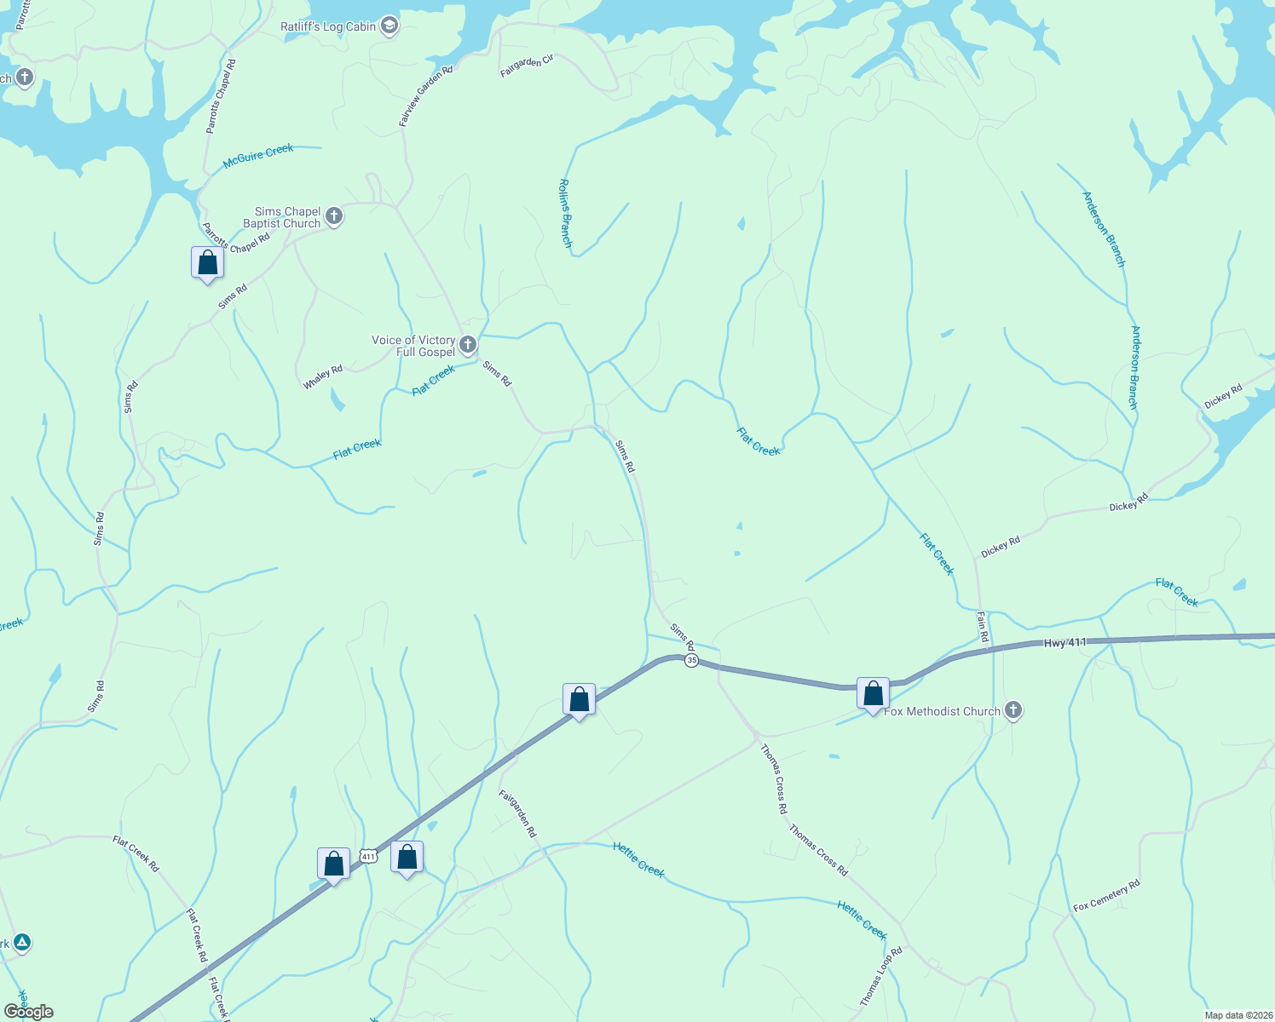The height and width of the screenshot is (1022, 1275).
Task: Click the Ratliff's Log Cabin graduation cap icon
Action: point(389,26)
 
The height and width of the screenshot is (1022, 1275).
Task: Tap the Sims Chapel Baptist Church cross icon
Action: point(334,216)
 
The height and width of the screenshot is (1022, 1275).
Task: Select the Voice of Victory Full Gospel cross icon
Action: point(467,345)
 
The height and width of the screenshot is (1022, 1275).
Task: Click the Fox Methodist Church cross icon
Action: point(1013,710)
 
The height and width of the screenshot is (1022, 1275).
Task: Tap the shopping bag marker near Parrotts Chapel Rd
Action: point(207,264)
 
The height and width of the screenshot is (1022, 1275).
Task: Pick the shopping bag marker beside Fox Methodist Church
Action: point(873,695)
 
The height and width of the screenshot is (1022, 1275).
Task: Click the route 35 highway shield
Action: point(691,660)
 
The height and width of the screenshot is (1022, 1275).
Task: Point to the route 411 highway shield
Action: point(367,856)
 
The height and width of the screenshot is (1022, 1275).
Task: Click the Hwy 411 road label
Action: point(1065,643)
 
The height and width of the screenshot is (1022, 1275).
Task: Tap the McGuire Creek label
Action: point(257,156)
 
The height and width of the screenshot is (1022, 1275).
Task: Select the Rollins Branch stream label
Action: point(565,213)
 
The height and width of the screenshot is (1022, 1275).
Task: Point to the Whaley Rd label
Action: point(323,376)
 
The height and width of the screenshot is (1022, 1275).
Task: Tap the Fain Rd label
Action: point(983,627)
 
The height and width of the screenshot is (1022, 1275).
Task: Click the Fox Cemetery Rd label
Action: point(1106,895)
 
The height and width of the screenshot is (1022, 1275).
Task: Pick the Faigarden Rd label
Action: point(517,813)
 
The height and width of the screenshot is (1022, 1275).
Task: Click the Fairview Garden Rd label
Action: point(425,96)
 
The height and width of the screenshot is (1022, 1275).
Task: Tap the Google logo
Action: point(29,1011)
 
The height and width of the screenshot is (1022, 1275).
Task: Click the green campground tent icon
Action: point(23,943)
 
